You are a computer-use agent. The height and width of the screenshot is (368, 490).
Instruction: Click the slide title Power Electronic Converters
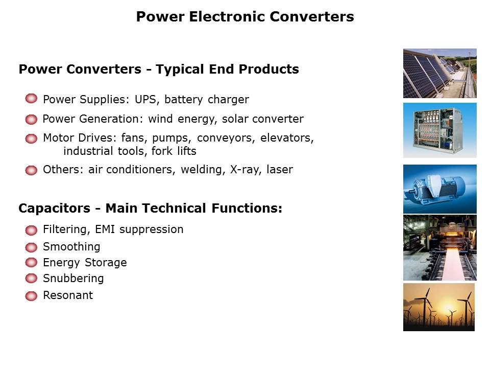click(x=245, y=16)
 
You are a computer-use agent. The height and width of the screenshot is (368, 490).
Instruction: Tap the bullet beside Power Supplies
click(x=31, y=99)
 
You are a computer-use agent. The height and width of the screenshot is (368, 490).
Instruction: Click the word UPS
click(x=145, y=99)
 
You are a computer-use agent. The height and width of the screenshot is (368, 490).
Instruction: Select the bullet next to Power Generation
click(x=31, y=119)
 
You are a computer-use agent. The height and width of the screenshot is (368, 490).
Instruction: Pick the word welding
click(x=203, y=170)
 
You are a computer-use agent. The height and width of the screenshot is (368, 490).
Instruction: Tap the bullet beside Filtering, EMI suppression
click(x=31, y=231)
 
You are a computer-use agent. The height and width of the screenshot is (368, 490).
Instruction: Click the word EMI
click(x=105, y=229)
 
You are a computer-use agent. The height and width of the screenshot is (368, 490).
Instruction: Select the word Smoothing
click(x=71, y=247)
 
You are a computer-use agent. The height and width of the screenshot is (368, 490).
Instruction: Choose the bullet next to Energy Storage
click(x=31, y=262)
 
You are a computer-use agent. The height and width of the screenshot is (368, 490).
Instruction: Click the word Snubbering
click(x=73, y=278)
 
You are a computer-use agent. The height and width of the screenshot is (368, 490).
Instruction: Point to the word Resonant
click(x=68, y=295)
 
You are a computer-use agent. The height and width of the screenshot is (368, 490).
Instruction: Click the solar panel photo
click(x=439, y=73)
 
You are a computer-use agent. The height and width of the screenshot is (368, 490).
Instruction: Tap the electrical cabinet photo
click(x=439, y=130)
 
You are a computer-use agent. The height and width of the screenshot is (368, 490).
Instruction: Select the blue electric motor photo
click(x=439, y=189)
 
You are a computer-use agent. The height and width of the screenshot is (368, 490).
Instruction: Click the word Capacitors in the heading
click(x=55, y=209)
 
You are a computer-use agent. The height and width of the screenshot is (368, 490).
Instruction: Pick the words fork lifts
click(x=174, y=151)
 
